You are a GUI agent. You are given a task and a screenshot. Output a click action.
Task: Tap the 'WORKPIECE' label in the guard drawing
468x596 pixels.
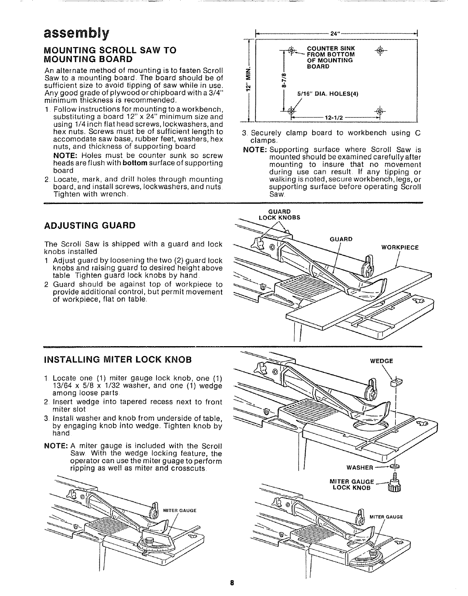(x=400, y=248)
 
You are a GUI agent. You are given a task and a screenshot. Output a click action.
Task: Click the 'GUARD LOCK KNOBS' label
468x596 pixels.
(x=279, y=214)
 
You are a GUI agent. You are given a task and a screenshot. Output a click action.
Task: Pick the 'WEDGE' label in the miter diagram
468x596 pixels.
(x=381, y=361)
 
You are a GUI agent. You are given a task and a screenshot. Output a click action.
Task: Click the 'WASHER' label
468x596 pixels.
(x=360, y=468)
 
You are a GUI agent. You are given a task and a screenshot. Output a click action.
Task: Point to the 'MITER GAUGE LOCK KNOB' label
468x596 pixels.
(x=351, y=485)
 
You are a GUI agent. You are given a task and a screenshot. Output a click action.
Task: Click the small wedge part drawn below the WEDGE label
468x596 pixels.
(x=394, y=383)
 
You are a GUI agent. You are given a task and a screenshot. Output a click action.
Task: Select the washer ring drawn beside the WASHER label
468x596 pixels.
(x=395, y=467)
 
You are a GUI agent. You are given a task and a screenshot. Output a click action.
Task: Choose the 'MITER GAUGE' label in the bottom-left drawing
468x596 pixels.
(x=181, y=511)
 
